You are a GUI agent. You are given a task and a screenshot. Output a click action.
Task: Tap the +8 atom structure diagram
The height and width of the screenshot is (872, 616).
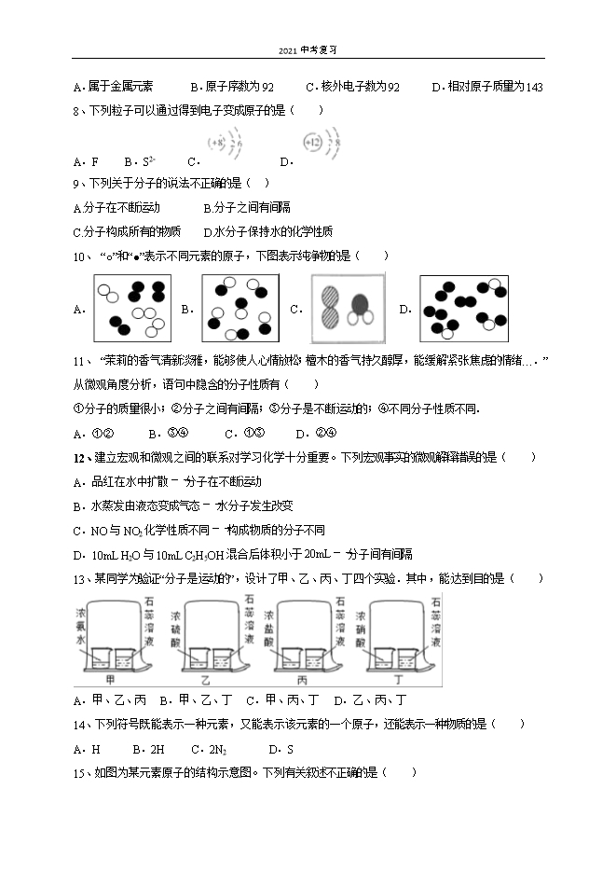[x=224, y=145]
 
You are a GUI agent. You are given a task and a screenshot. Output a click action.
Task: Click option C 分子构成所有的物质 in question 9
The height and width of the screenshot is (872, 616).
[x=127, y=231]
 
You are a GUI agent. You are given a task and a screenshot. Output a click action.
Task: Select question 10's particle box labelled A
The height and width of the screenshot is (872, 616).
[x=130, y=307]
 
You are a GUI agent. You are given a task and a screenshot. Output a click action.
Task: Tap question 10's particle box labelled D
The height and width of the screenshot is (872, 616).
[x=464, y=308]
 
